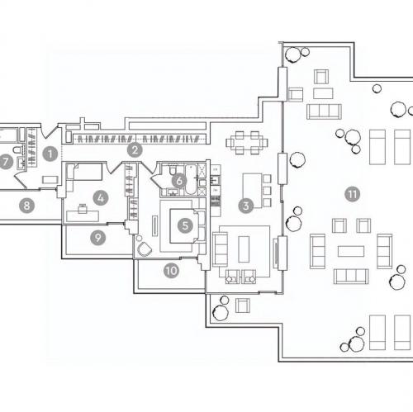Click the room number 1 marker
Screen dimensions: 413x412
pyautogui.click(x=50, y=154)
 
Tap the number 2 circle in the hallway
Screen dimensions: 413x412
pyautogui.click(x=135, y=150)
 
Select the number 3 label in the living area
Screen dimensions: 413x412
pyautogui.click(x=246, y=206)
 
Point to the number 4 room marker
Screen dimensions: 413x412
pyautogui.click(x=101, y=198)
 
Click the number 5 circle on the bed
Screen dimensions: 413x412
pyautogui.click(x=185, y=226)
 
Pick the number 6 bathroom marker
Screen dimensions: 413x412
pyautogui.click(x=179, y=181)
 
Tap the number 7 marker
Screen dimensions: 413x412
pyautogui.click(x=6, y=162)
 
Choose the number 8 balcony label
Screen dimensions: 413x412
pyautogui.click(x=27, y=206)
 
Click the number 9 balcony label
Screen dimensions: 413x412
pyautogui.click(x=98, y=238)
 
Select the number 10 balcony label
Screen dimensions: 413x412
pyautogui.click(x=171, y=271)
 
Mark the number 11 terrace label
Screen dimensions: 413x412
pyautogui.click(x=353, y=194)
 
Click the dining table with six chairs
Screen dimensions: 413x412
pyautogui.click(x=247, y=143)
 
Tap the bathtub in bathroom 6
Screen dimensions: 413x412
pyautogui.click(x=190, y=179)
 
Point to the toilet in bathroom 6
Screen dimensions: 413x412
pyautogui.click(x=173, y=169)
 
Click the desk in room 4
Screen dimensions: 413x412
pyautogui.click(x=83, y=215)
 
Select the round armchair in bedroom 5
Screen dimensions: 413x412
pyautogui.click(x=145, y=249)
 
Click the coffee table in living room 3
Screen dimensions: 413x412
pyautogui.click(x=244, y=249)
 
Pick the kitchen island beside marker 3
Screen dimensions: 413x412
pyautogui.click(x=252, y=191)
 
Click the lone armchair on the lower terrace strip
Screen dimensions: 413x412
pyautogui.click(x=243, y=305)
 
